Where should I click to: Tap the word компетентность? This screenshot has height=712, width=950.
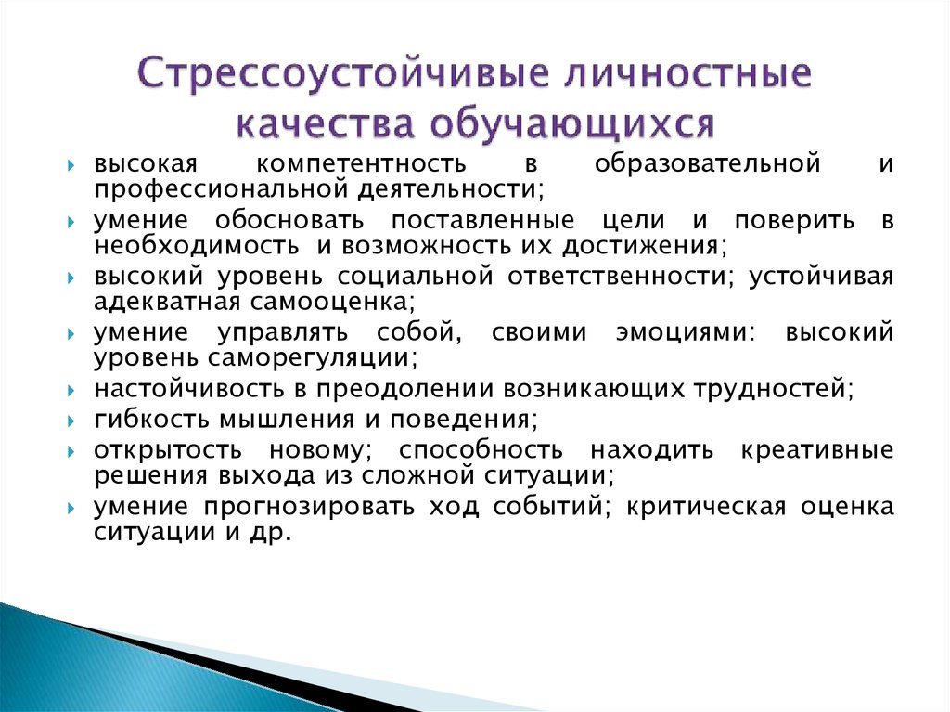[x=362, y=163]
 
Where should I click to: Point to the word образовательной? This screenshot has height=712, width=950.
[x=708, y=163]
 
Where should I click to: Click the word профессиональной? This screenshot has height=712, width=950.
[x=222, y=189]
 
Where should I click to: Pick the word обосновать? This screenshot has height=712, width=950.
[x=289, y=220]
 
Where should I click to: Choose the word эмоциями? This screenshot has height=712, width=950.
[x=686, y=332]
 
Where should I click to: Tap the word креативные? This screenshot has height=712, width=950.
[x=817, y=450]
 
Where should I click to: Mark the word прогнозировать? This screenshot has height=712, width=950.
[x=309, y=507]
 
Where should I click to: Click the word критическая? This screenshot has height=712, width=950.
[x=705, y=507]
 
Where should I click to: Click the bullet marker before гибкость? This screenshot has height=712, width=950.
[x=71, y=421]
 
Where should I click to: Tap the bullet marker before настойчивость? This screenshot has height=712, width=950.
[x=71, y=390]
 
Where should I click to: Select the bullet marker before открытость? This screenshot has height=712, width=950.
[x=71, y=451]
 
